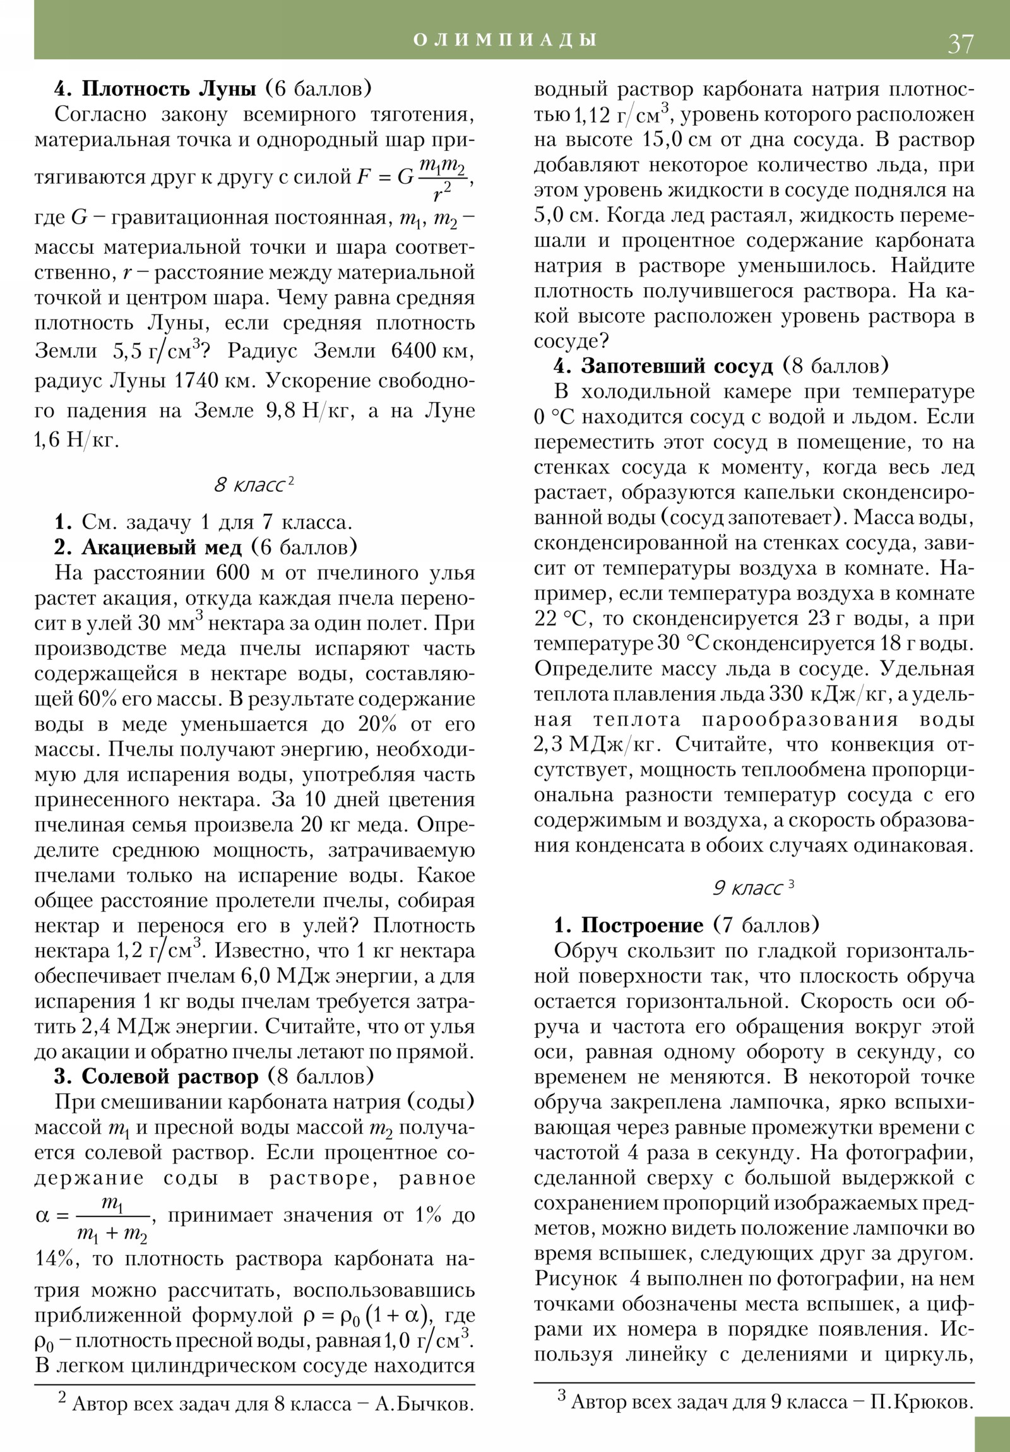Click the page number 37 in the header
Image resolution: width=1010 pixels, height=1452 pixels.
click(960, 44)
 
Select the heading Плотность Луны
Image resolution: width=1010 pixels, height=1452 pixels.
click(169, 88)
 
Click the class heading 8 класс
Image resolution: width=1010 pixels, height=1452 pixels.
click(254, 485)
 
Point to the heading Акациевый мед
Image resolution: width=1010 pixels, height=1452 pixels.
click(162, 547)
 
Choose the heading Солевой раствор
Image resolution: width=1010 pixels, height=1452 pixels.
click(170, 1076)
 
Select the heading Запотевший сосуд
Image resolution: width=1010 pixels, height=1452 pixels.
click(677, 366)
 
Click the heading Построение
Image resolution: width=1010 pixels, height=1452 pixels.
click(642, 926)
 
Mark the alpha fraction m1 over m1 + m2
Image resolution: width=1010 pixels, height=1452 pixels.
click(112, 1216)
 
